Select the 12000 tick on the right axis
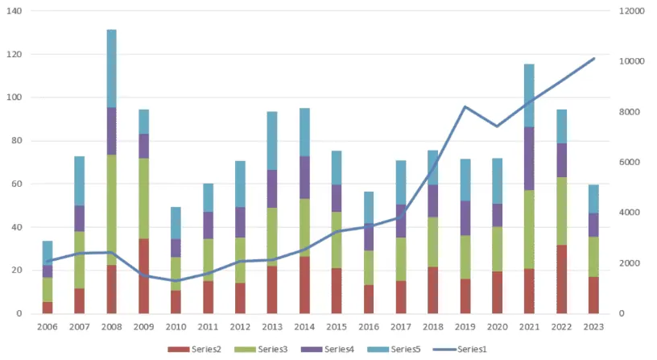pyautogui.click(x=634, y=11)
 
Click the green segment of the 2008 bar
pyautogui.click(x=112, y=210)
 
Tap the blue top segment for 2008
pyautogui.click(x=112, y=68)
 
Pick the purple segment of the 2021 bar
pyautogui.click(x=529, y=159)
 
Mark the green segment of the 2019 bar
pyautogui.click(x=465, y=257)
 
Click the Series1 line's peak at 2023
pyautogui.click(x=594, y=58)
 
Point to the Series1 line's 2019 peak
pyautogui.click(x=465, y=106)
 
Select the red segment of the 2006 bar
pyautogui.click(x=48, y=307)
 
